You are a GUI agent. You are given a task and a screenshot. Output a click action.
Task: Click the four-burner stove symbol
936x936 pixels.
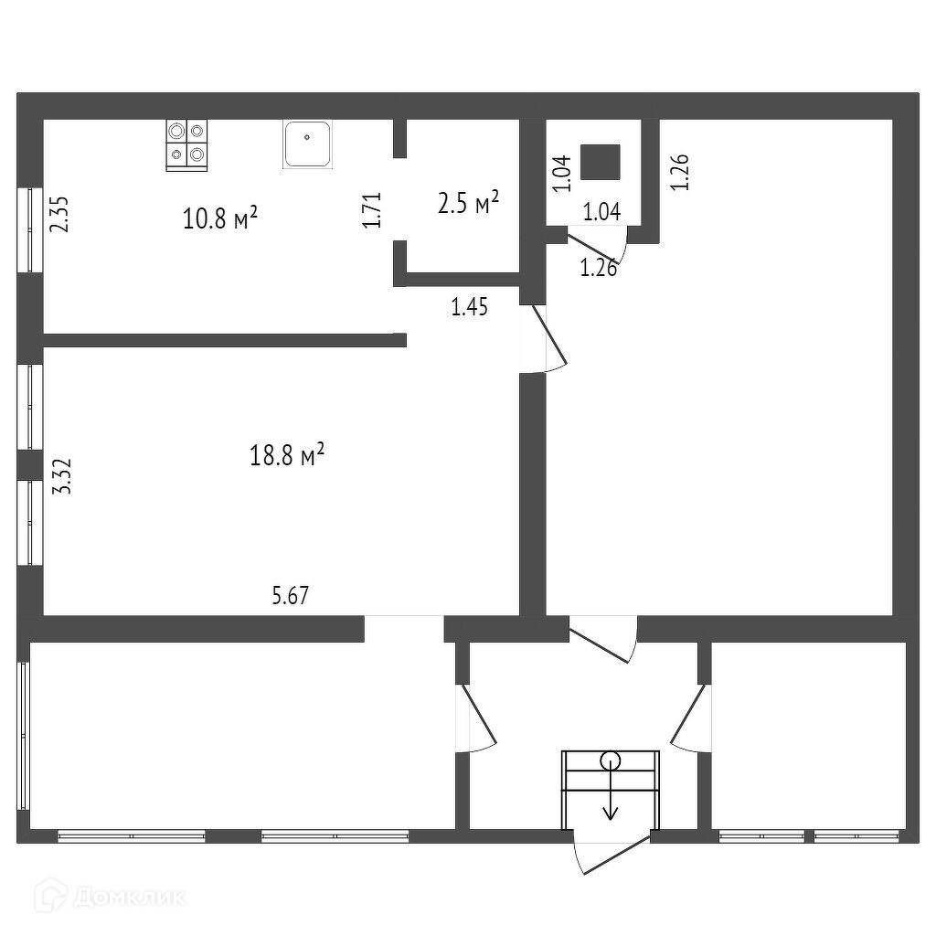(186, 144)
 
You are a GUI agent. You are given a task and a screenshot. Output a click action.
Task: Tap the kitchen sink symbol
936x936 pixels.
(307, 144)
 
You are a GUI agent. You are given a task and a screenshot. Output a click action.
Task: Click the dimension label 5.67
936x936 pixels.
(291, 596)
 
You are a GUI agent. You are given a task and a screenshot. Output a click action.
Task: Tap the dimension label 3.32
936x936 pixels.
(63, 476)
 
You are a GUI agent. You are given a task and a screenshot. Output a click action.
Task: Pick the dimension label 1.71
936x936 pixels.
(371, 210)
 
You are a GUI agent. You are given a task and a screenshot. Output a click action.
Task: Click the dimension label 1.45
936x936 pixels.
(469, 307)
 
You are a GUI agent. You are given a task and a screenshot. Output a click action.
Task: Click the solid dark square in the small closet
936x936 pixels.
(601, 162)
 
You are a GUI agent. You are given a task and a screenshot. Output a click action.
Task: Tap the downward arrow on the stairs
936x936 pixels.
(610, 804)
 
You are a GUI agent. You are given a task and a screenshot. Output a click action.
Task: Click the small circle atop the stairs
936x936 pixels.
(610, 760)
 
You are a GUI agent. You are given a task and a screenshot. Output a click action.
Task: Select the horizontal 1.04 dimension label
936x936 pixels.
(601, 213)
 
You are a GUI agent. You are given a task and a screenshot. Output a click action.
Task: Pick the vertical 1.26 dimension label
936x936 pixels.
(680, 172)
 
